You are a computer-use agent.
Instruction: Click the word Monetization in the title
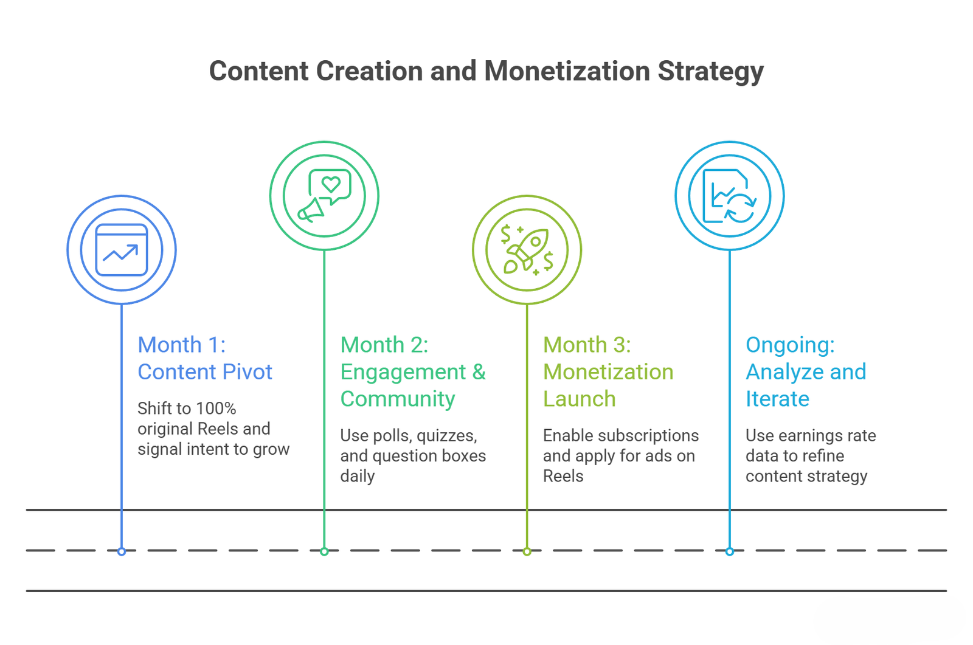click(567, 71)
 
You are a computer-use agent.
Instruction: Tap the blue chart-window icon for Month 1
click(122, 250)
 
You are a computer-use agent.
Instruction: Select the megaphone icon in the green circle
click(311, 210)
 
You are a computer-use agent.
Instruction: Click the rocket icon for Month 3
click(527, 250)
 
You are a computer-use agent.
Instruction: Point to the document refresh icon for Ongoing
click(730, 196)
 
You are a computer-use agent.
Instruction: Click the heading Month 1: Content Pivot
click(204, 358)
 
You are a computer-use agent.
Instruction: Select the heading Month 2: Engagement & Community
click(413, 372)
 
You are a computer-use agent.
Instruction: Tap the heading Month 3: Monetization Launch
click(608, 372)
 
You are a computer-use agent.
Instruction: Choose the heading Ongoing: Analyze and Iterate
click(806, 372)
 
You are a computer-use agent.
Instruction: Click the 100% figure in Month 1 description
click(216, 409)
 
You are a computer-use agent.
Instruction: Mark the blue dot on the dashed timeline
click(122, 551)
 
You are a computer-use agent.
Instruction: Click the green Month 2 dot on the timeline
click(324, 551)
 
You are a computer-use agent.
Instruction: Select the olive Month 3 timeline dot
click(527, 551)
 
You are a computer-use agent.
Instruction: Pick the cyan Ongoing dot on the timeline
click(730, 551)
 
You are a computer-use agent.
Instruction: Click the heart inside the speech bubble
click(331, 184)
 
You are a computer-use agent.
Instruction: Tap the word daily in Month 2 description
click(358, 477)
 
